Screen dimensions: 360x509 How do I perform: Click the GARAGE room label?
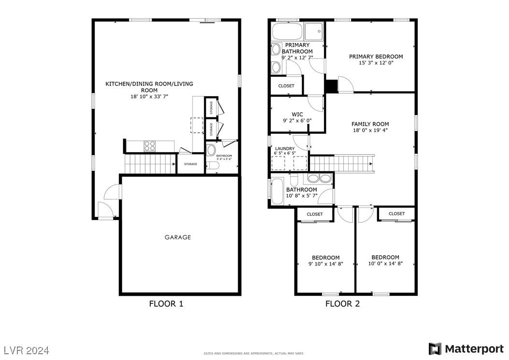coord(178,237)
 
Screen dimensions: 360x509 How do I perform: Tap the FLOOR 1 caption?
coord(166,304)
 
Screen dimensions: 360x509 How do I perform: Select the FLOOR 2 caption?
coord(342,304)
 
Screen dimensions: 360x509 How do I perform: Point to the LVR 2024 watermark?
coord(27,350)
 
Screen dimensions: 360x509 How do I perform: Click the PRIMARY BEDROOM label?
coord(376,57)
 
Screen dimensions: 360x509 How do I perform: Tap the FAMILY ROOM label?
coord(370,124)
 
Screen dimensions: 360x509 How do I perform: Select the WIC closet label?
coord(297,115)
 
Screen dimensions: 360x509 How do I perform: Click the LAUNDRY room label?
coord(284,149)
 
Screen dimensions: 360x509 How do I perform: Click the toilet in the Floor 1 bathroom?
coord(213,166)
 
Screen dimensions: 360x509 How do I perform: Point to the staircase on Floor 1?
coord(150,163)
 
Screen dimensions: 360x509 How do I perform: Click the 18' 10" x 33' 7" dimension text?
coord(149,97)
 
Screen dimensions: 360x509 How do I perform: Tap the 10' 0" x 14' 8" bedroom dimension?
coord(385,264)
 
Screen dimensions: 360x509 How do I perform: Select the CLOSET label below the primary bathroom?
coord(286,86)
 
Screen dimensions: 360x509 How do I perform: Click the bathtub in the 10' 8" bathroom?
coord(278,191)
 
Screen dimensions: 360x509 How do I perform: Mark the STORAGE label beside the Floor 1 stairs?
coord(190,164)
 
